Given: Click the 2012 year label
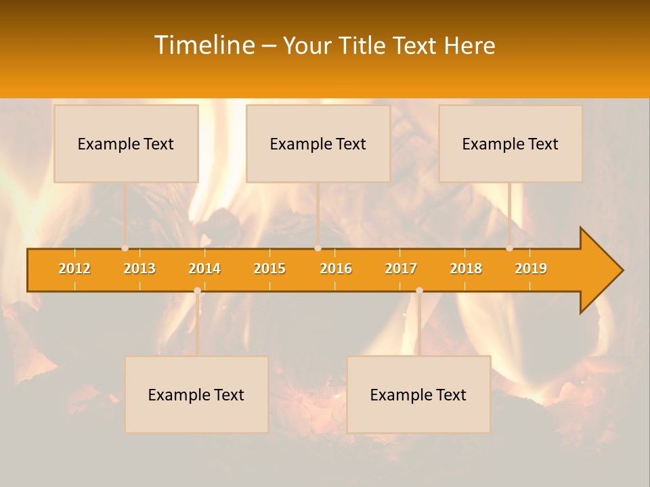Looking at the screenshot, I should [74, 269].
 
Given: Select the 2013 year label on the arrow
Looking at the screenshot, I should [139, 269].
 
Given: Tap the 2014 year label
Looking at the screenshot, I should [204, 269].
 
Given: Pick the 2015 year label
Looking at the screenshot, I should [269, 269].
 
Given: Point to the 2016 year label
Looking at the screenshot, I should [336, 269].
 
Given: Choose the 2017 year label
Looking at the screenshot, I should [401, 269].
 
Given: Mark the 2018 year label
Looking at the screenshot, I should [466, 269].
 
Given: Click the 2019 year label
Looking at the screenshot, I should [531, 269].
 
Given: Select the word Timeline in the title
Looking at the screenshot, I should [204, 45].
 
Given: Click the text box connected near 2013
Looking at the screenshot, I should [126, 143].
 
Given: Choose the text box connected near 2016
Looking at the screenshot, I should [318, 143].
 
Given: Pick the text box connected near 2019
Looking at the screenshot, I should [511, 143].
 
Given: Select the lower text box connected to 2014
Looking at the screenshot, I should [196, 394].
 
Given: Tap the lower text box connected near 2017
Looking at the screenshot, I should [418, 394].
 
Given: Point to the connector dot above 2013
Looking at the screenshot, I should [125, 248].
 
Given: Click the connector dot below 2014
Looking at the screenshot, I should [197, 291].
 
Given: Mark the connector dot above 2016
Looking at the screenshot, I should [318, 248].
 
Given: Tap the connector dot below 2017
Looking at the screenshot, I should [419, 291].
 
